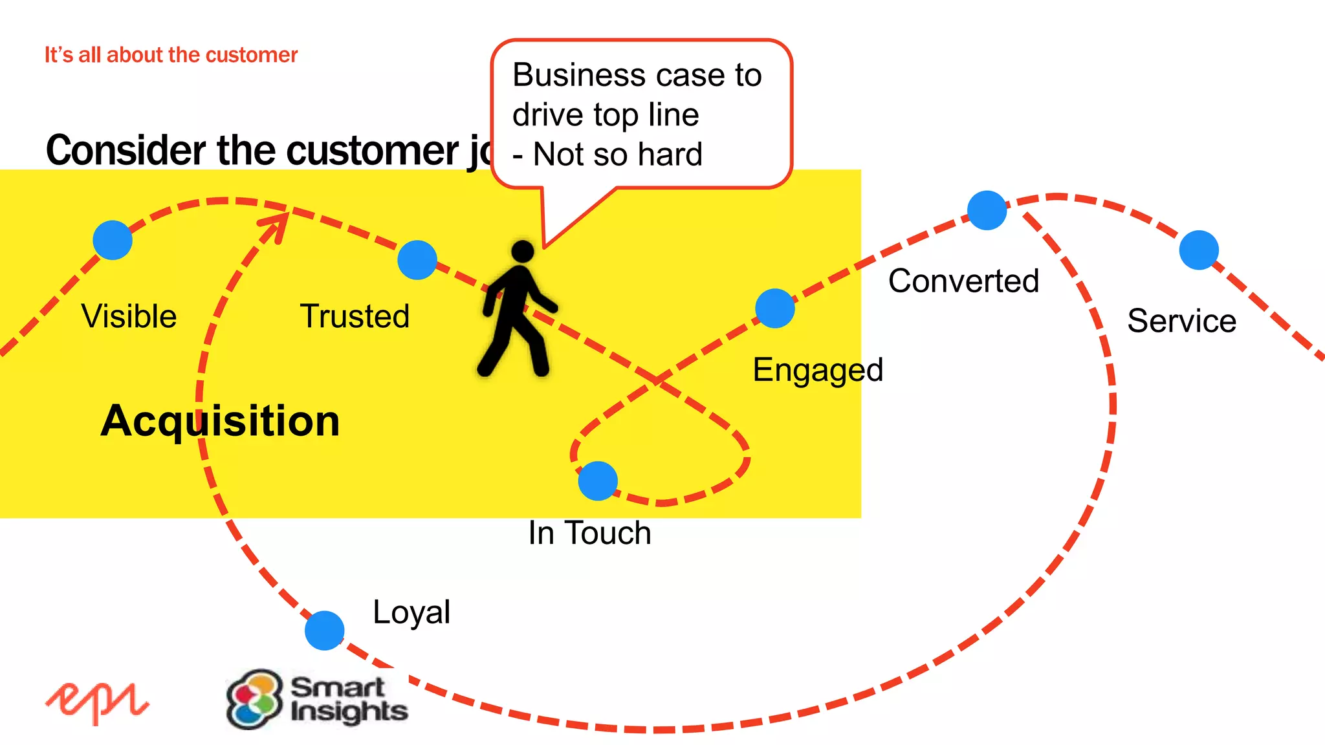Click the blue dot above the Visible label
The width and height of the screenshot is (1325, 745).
point(113,240)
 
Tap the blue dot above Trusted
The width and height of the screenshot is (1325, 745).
point(417,260)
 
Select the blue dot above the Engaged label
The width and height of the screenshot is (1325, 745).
point(774,308)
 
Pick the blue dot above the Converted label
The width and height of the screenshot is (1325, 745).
point(987,210)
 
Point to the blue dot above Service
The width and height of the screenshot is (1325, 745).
point(1199,250)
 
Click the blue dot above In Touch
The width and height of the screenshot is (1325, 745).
point(598,480)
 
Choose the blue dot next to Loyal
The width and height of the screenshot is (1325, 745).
point(324,630)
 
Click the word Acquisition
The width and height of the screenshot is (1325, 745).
point(220,421)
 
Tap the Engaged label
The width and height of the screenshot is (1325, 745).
point(818,371)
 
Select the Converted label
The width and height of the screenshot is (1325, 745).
point(963,281)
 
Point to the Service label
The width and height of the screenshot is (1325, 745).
point(1181,321)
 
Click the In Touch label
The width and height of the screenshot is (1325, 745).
point(589,533)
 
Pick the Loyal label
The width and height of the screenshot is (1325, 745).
point(411,612)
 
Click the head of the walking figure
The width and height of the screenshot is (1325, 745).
point(523,251)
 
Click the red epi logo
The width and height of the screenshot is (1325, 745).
point(97,702)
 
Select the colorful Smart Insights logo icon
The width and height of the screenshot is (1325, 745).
point(254,699)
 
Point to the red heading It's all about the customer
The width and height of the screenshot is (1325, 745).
point(171,55)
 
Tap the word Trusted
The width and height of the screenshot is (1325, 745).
point(355,316)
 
